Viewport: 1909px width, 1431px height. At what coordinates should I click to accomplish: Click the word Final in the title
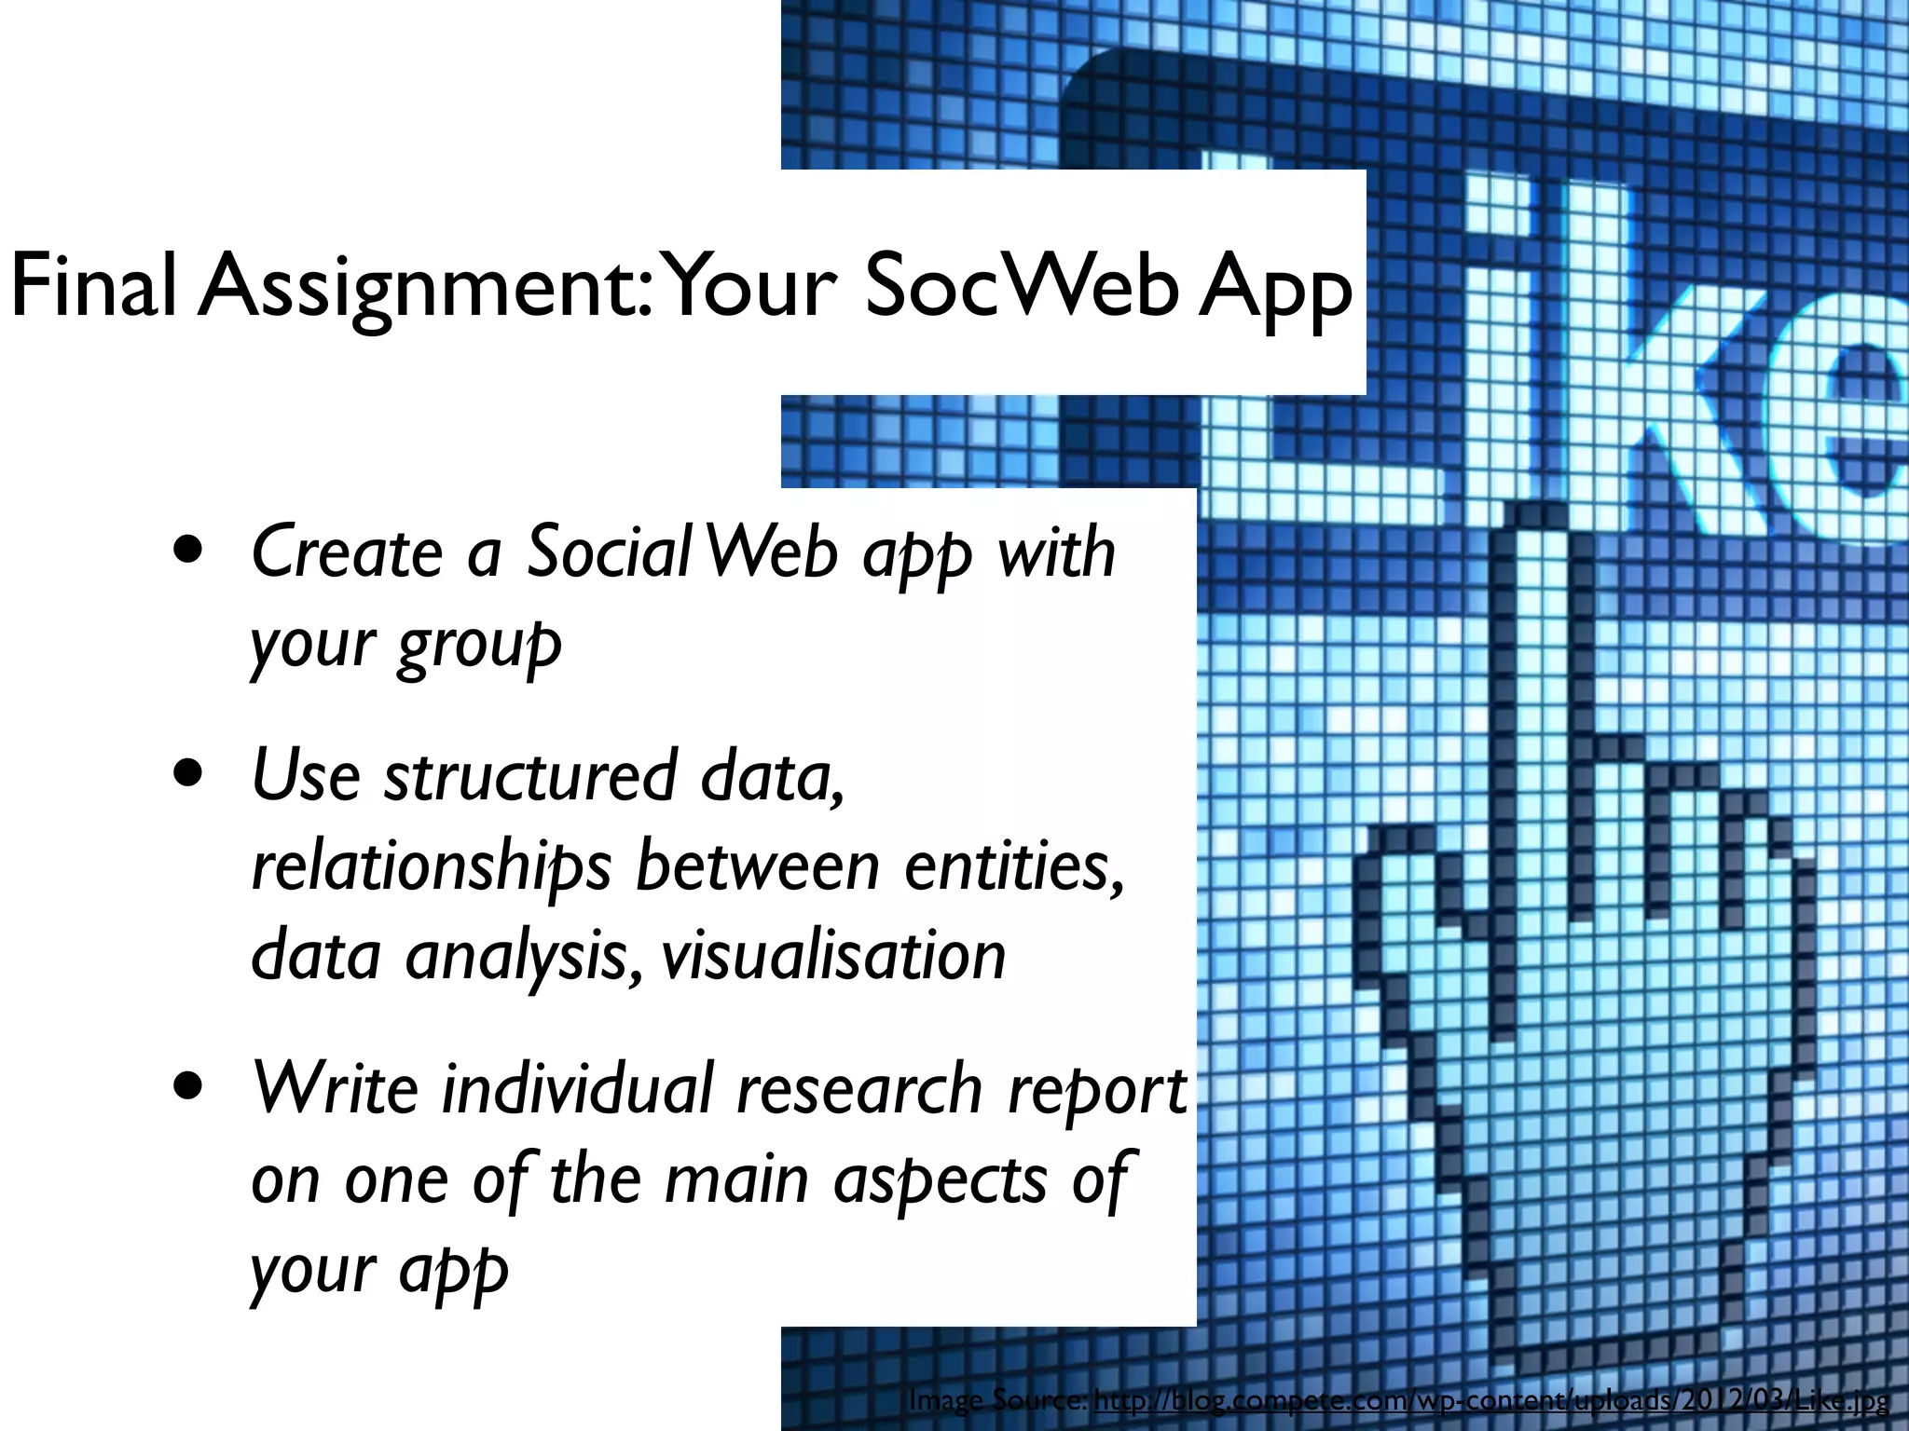[x=93, y=287]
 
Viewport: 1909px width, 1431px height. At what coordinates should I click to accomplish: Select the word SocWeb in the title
[x=1017, y=287]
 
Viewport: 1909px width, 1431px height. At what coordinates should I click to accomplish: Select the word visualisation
[x=833, y=956]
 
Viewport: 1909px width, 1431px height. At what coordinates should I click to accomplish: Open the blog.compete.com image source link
[x=1491, y=1400]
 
